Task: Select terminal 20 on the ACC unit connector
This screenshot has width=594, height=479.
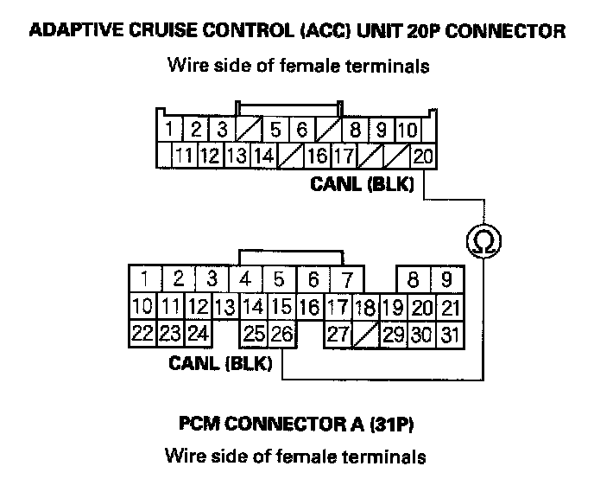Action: point(423,156)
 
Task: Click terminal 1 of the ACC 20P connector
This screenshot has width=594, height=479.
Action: point(172,131)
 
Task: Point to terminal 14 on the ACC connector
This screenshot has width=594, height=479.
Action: point(263,156)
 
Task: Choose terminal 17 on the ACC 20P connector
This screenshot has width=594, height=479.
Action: point(342,156)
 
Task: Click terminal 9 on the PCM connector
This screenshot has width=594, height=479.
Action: point(446,280)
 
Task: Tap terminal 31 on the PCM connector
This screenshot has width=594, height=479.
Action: point(449,334)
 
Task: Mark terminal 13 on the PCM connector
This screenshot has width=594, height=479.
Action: point(225,307)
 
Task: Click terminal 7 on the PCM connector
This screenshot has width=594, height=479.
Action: point(345,280)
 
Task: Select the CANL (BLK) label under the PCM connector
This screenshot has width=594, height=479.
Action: point(221,364)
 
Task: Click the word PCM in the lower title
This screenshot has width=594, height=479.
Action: point(200,425)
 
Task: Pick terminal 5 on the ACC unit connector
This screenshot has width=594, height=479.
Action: point(275,131)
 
